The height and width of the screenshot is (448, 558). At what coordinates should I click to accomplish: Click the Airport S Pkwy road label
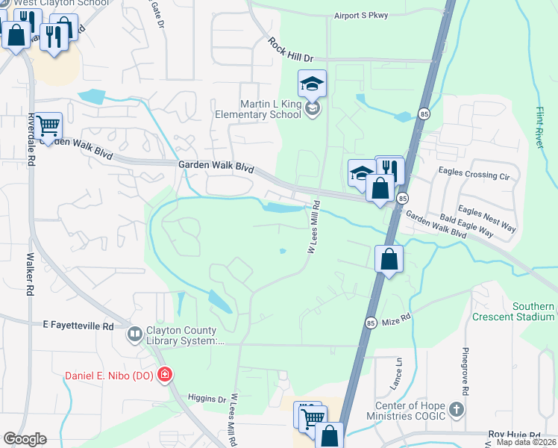(x=362, y=15)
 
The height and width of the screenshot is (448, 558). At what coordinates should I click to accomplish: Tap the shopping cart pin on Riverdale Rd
(x=48, y=127)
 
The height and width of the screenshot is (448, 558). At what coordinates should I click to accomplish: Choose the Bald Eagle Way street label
(x=466, y=224)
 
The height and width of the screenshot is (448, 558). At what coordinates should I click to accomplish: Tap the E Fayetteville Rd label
(x=78, y=326)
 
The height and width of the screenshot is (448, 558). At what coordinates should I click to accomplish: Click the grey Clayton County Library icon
(x=135, y=334)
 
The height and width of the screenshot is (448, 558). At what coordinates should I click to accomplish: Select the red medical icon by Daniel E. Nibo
(x=164, y=374)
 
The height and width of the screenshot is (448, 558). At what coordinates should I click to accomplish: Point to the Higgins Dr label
(x=207, y=399)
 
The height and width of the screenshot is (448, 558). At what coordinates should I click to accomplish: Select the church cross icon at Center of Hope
(x=457, y=410)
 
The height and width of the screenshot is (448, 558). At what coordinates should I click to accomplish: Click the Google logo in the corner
(x=24, y=439)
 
